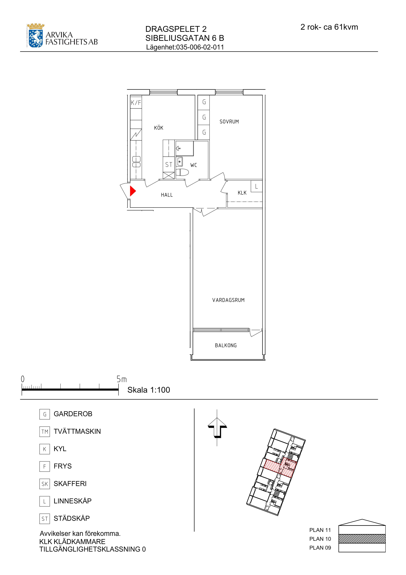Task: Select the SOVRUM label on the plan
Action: click(229, 122)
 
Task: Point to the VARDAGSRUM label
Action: click(228, 300)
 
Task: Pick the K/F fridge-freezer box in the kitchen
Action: click(136, 102)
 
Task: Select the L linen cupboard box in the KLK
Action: click(256, 186)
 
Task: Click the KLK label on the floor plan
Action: click(242, 193)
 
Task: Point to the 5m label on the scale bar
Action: click(122, 379)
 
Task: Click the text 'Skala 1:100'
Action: click(149, 390)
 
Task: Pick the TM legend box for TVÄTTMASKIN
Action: click(45, 431)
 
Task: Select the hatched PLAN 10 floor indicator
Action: click(362, 538)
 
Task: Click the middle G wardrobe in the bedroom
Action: click(204, 117)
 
